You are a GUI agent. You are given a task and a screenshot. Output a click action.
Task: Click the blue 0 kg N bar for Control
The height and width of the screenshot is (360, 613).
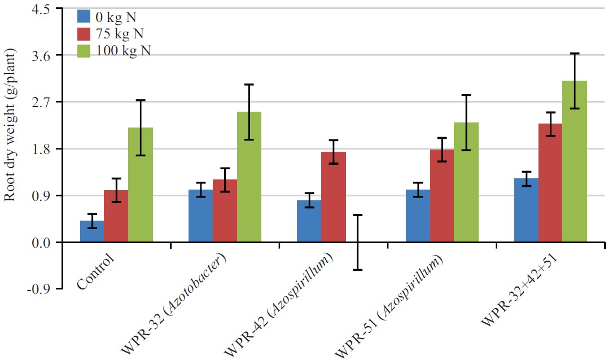(x=91, y=231)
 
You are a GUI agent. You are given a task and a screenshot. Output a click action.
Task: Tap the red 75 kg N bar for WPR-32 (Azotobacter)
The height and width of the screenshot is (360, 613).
(x=225, y=211)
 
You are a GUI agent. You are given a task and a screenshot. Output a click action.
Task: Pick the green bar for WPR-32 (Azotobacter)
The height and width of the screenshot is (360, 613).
(x=249, y=177)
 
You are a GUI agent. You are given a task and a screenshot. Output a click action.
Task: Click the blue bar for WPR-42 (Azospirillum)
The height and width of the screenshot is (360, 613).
(x=309, y=221)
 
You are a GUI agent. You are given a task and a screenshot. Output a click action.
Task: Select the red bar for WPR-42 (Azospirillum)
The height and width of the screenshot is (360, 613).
(x=333, y=197)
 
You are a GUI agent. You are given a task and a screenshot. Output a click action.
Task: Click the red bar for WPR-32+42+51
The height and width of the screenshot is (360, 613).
(x=550, y=183)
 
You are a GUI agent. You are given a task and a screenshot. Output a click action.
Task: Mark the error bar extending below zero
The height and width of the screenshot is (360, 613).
(x=357, y=243)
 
